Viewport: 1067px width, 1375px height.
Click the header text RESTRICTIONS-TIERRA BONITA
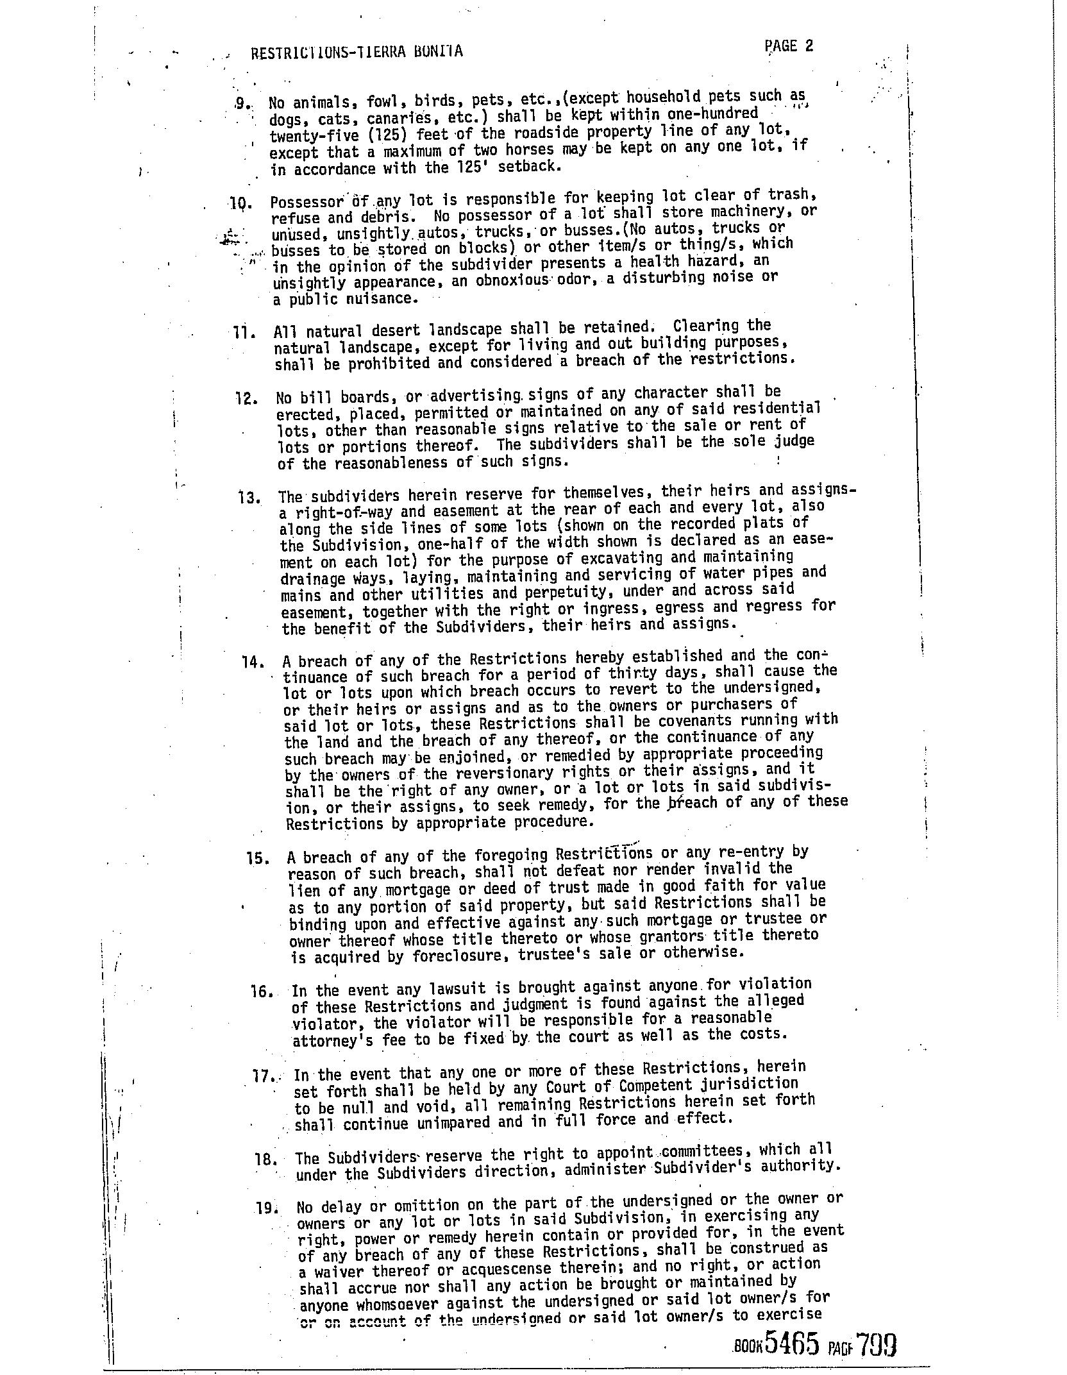357,52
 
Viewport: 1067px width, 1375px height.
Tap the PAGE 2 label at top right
789,46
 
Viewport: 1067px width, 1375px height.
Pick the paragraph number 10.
239,205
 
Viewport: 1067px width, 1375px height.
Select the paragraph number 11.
246,333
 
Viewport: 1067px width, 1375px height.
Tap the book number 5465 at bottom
793,1342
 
